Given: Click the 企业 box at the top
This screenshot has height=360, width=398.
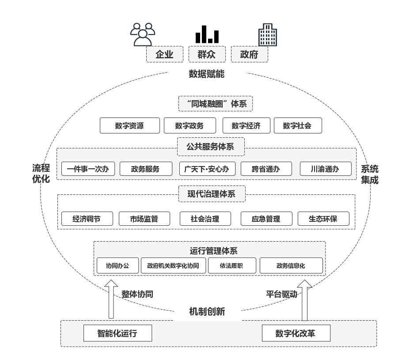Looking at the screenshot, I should [x=164, y=54].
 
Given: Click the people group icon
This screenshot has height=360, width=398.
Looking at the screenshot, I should [x=143, y=34].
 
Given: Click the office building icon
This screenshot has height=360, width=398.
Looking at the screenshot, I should [x=268, y=34].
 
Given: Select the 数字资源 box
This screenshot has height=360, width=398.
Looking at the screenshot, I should [x=129, y=125].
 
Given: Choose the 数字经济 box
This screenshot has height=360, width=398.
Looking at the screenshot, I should [x=246, y=125].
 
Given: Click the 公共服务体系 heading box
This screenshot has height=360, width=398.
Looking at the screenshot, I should [x=211, y=147].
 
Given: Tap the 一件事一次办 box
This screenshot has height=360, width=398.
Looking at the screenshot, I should [x=88, y=169].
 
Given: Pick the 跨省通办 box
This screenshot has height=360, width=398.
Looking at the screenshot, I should [x=266, y=169].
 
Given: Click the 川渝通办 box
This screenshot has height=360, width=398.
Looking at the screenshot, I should [x=326, y=169].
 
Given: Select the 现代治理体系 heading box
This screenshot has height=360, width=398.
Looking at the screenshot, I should [x=212, y=193].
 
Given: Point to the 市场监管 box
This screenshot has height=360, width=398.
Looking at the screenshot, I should [x=144, y=218].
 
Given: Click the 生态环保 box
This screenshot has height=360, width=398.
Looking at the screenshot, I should [x=324, y=218].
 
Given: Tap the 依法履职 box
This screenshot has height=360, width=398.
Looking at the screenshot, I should [x=231, y=266].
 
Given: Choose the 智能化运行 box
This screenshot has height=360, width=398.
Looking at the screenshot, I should [x=118, y=333].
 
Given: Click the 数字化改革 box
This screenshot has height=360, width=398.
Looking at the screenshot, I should [x=296, y=333].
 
